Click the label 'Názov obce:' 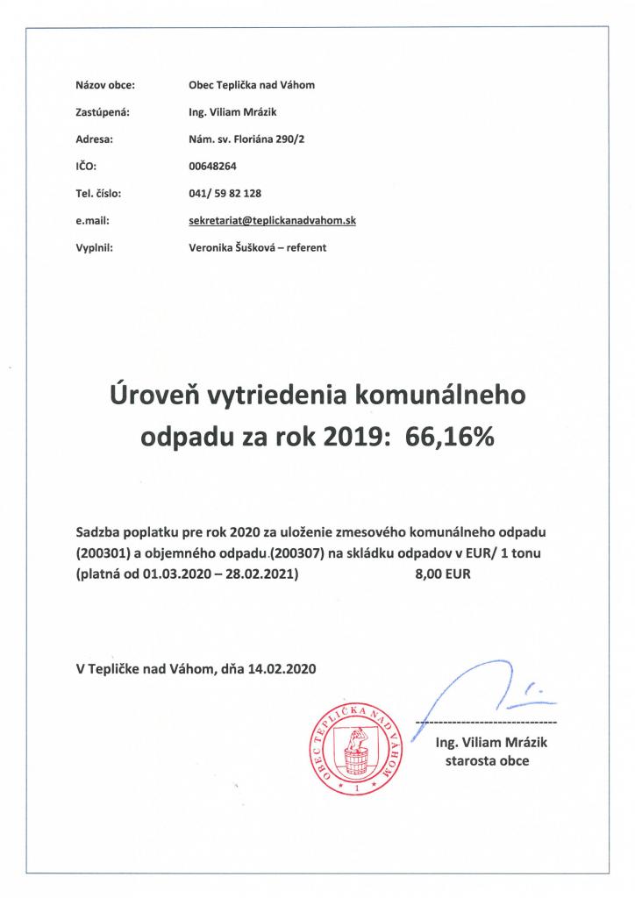105,85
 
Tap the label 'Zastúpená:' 103,111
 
